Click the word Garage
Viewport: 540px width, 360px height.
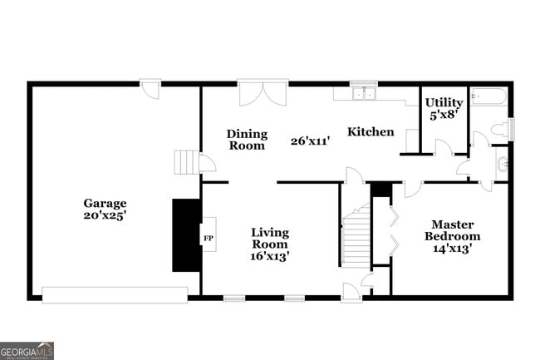click(104, 203)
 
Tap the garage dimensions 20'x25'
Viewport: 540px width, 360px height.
click(104, 215)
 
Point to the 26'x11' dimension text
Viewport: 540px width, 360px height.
click(311, 141)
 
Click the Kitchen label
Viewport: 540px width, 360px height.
click(370, 131)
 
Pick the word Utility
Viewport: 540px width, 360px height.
click(444, 102)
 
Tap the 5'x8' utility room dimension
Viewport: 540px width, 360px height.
click(444, 115)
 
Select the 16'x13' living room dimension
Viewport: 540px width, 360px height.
click(270, 256)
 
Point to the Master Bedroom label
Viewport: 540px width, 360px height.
click(453, 230)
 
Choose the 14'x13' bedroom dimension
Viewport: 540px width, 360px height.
click(453, 249)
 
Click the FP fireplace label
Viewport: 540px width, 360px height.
click(208, 239)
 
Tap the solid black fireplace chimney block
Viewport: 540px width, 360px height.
click(185, 234)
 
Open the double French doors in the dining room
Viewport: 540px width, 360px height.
click(263, 92)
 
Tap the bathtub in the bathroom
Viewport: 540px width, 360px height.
click(488, 98)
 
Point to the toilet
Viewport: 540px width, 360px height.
click(500, 129)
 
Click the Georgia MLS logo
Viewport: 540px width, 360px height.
click(27, 350)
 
